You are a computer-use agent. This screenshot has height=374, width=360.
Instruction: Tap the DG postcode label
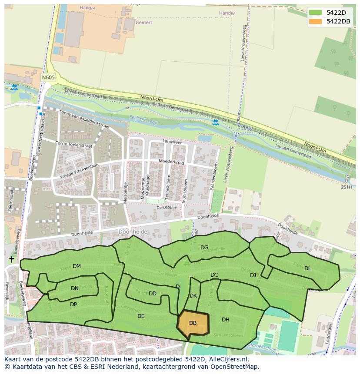tap(204, 248)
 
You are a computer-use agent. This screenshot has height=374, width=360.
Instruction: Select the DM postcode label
tap(77, 266)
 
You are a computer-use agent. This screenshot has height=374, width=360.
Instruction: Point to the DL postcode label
tap(307, 268)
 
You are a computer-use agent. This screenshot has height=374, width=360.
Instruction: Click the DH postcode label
tap(225, 320)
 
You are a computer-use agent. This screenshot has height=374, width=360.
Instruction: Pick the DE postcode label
tap(141, 316)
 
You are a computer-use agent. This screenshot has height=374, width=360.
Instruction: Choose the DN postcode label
tap(75, 288)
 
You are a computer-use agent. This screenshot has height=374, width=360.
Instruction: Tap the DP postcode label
tap(73, 304)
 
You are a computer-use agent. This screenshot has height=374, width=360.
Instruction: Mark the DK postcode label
tap(193, 296)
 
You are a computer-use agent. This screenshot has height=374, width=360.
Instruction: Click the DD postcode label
tap(153, 294)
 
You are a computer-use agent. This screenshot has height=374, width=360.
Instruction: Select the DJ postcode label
tap(253, 275)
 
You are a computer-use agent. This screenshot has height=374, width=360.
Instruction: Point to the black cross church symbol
tap(11, 259)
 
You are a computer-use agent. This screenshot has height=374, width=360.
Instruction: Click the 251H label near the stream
tap(346, 187)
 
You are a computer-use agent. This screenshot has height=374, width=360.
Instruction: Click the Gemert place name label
tap(144, 22)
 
